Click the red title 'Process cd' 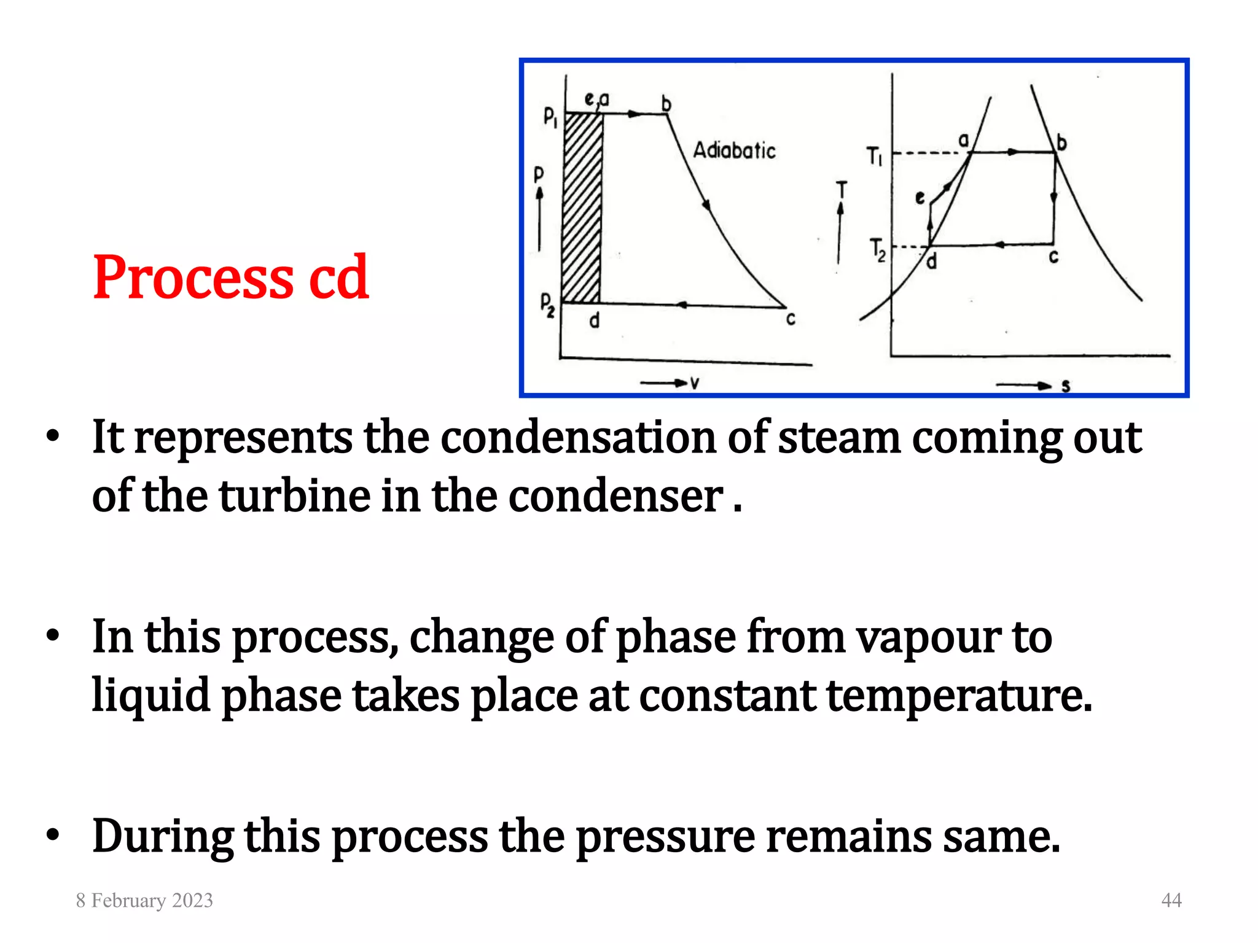230,278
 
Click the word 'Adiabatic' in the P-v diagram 734,150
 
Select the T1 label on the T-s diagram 874,156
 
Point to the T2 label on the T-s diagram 878,250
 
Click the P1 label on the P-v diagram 550,117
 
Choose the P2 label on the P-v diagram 547,305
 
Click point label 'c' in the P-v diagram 791,319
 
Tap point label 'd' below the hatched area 594,320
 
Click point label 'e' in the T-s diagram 920,198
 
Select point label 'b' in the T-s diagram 1061,143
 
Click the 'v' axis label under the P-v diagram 695,384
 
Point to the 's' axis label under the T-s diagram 1066,386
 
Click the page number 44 1171,900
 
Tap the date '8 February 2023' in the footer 144,900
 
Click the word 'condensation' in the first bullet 579,438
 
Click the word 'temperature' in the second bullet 959,696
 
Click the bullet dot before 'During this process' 53,836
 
